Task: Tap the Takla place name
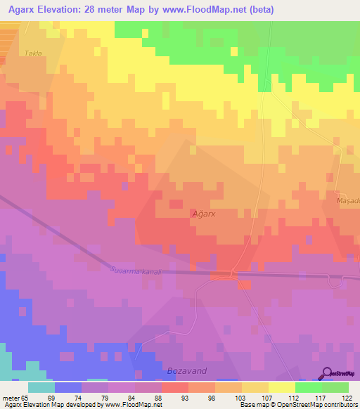[x=33, y=53]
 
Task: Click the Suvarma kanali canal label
[x=136, y=271]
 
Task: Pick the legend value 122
[x=348, y=397]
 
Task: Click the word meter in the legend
[x=10, y=397]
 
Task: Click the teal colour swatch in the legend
[x=41, y=387]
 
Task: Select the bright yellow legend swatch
[x=281, y=387]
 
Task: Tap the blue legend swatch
[x=67, y=387]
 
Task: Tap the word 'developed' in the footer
[x=81, y=405]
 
